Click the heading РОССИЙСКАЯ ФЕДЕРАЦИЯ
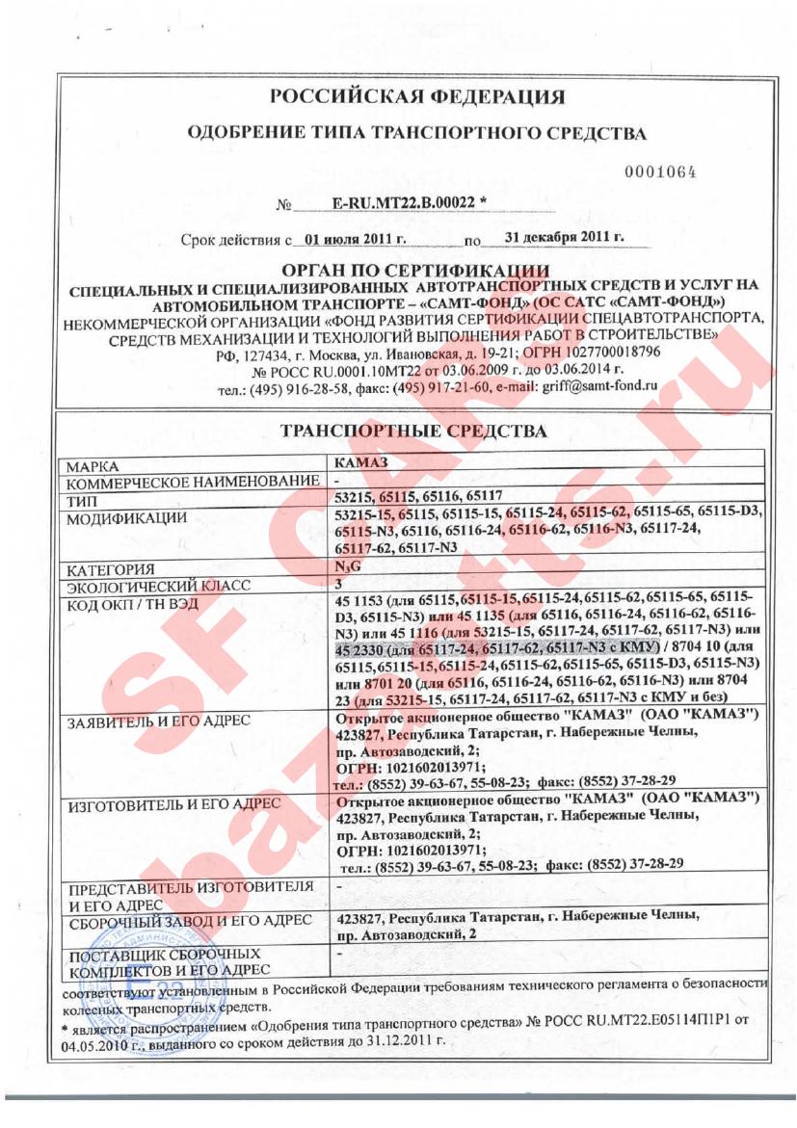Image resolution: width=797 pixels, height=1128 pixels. (x=416, y=97)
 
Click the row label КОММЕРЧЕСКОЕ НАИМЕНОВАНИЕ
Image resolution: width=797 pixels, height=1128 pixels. (x=191, y=481)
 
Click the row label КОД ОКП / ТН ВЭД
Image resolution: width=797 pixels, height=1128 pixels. (x=129, y=604)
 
